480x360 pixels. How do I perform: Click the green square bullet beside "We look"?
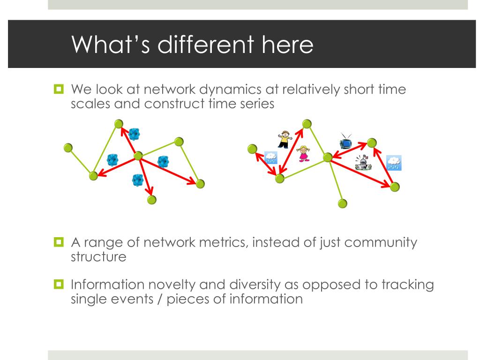pos(59,88)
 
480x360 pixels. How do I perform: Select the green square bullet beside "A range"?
pos(59,243)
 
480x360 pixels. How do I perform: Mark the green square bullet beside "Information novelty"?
pos(59,285)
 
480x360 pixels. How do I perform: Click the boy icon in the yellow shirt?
pos(284,139)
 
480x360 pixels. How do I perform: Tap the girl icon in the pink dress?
pos(304,153)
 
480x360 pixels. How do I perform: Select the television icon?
pos(346,141)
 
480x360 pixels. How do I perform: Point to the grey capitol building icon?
pos(363,162)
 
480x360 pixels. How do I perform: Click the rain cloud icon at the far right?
pos(394,163)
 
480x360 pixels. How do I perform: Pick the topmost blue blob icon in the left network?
pos(135,134)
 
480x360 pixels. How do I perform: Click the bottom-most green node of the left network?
pos(151,200)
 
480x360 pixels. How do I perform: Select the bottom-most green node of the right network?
pos(343,203)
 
